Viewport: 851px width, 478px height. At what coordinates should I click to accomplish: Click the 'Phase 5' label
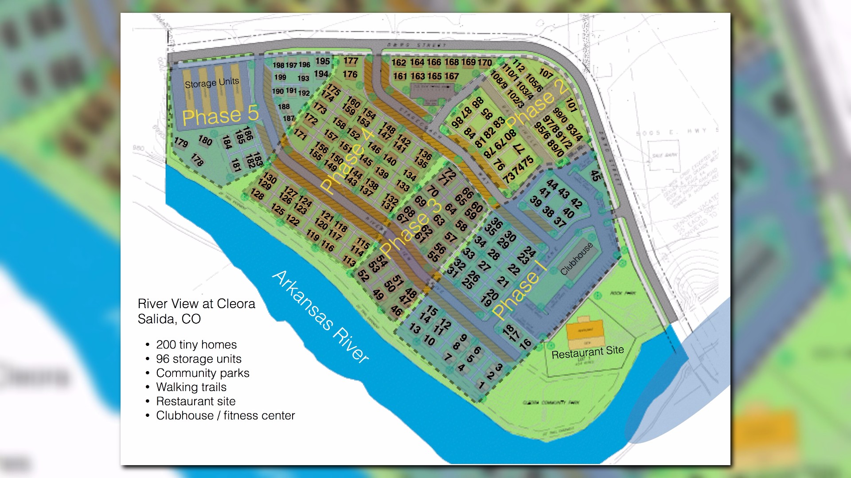(x=220, y=115)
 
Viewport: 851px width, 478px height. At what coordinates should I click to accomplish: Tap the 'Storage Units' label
(x=212, y=83)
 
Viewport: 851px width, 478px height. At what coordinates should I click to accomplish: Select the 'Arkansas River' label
(x=320, y=317)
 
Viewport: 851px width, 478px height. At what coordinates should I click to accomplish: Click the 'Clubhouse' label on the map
(x=576, y=259)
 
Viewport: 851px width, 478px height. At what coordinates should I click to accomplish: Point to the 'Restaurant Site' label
(x=587, y=352)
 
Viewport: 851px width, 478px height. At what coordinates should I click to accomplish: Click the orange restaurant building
(x=585, y=332)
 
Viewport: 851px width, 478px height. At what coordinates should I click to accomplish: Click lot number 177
(x=351, y=61)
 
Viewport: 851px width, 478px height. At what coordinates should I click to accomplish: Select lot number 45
(x=595, y=176)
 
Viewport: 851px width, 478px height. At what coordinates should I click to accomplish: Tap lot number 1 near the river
(x=481, y=385)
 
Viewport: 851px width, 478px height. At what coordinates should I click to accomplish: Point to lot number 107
(x=546, y=73)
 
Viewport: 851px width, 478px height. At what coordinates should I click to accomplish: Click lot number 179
(x=181, y=142)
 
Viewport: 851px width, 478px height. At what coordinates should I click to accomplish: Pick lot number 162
(x=398, y=63)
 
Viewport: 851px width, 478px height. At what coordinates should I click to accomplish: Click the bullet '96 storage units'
(x=199, y=359)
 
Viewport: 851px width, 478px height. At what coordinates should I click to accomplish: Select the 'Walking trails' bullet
(x=191, y=387)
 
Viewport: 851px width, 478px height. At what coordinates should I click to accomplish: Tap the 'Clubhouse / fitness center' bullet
(x=225, y=415)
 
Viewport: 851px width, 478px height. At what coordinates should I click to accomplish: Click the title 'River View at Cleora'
(x=196, y=304)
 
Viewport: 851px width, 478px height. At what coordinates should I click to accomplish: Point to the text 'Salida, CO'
(x=169, y=319)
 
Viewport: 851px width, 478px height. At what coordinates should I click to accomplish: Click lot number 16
(x=525, y=344)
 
